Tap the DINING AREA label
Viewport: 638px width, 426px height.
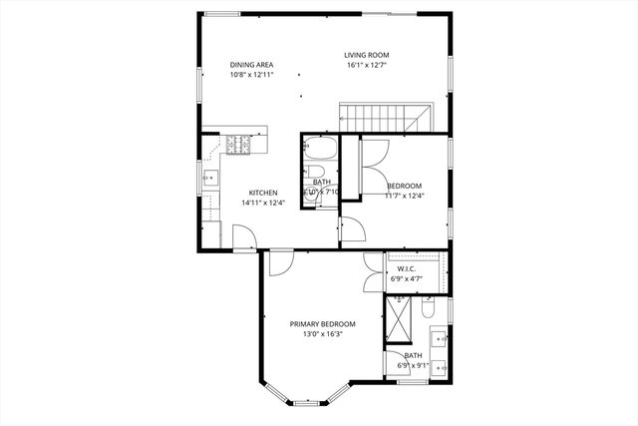251,65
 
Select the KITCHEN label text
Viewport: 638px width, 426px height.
262,193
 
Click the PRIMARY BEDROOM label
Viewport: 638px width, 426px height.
322,324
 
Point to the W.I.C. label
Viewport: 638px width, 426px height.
406,268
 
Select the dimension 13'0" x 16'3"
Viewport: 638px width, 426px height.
322,334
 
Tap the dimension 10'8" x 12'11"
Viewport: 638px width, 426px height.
251,75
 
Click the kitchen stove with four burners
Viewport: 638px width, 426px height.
239,146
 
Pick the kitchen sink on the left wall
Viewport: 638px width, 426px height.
211,181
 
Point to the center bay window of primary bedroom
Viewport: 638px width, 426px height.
306,401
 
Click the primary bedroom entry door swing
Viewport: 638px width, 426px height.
280,263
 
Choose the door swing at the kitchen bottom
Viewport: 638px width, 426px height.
242,236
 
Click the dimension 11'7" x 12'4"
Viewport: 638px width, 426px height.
404,196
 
